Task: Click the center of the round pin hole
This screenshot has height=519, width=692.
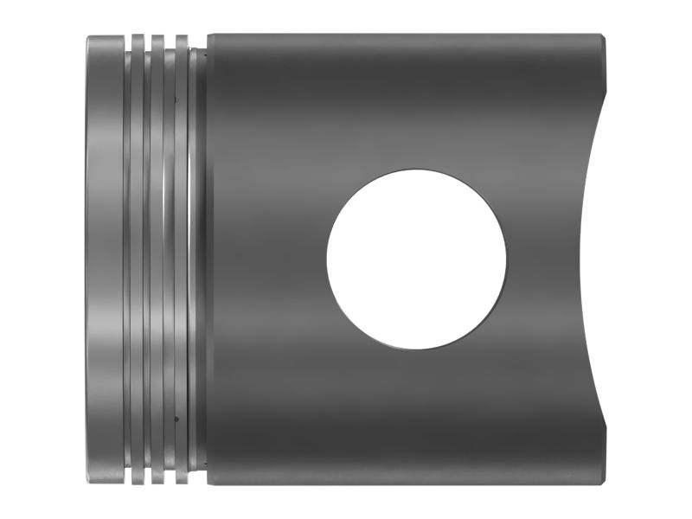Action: coord(416,259)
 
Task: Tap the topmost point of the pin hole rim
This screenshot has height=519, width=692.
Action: coord(416,170)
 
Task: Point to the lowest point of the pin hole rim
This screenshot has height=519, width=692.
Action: coord(416,349)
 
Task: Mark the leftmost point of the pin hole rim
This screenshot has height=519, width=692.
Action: coord(326,259)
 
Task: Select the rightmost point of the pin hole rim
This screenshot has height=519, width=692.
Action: coord(506,259)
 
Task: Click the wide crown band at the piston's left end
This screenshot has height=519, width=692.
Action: coord(104,259)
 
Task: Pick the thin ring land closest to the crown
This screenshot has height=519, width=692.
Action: coord(137,259)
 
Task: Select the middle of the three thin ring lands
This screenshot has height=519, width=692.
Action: coord(157,259)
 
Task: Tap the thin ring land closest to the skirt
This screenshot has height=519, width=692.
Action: coord(181,259)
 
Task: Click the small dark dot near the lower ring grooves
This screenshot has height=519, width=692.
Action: coord(176,419)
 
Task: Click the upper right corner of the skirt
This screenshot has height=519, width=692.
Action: coord(603,36)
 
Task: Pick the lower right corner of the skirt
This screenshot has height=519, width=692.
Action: coord(603,483)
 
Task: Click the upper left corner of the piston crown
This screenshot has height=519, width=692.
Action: coord(87,37)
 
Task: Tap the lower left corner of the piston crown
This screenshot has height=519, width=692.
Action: coord(87,482)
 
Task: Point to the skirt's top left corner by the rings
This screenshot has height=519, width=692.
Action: coord(208,35)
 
